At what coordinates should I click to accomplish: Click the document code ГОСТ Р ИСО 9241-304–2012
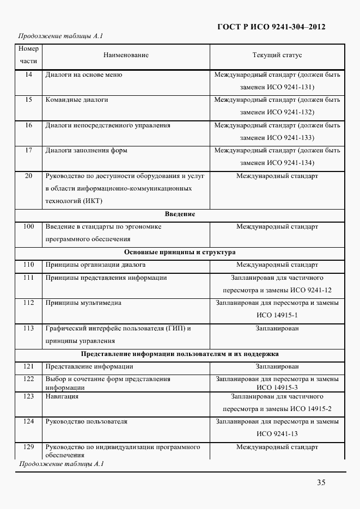[271, 27]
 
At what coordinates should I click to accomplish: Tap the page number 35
[321, 482]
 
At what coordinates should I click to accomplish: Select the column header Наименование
[126, 55]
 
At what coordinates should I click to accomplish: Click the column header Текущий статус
[277, 55]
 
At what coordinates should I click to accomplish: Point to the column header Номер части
[28, 55]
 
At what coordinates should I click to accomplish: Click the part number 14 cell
[29, 75]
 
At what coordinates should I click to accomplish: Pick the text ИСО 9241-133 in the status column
[291, 138]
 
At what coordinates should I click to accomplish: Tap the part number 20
[29, 176]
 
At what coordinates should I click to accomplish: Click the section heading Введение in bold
[180, 214]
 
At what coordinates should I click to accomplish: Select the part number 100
[29, 226]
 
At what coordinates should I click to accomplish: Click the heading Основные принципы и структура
[180, 252]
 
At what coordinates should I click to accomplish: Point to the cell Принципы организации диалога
[95, 265]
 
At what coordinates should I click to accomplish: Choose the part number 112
[29, 303]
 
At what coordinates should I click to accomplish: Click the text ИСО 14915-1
[277, 315]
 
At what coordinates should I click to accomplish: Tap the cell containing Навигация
[62, 396]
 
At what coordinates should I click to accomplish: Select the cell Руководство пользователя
[87, 421]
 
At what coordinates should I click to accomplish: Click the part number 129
[29, 447]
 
